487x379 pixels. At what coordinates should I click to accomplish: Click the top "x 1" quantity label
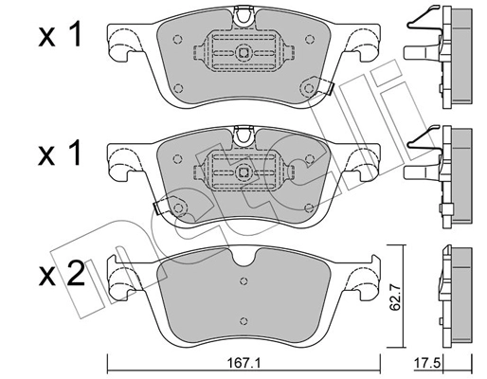coord(59,38)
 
